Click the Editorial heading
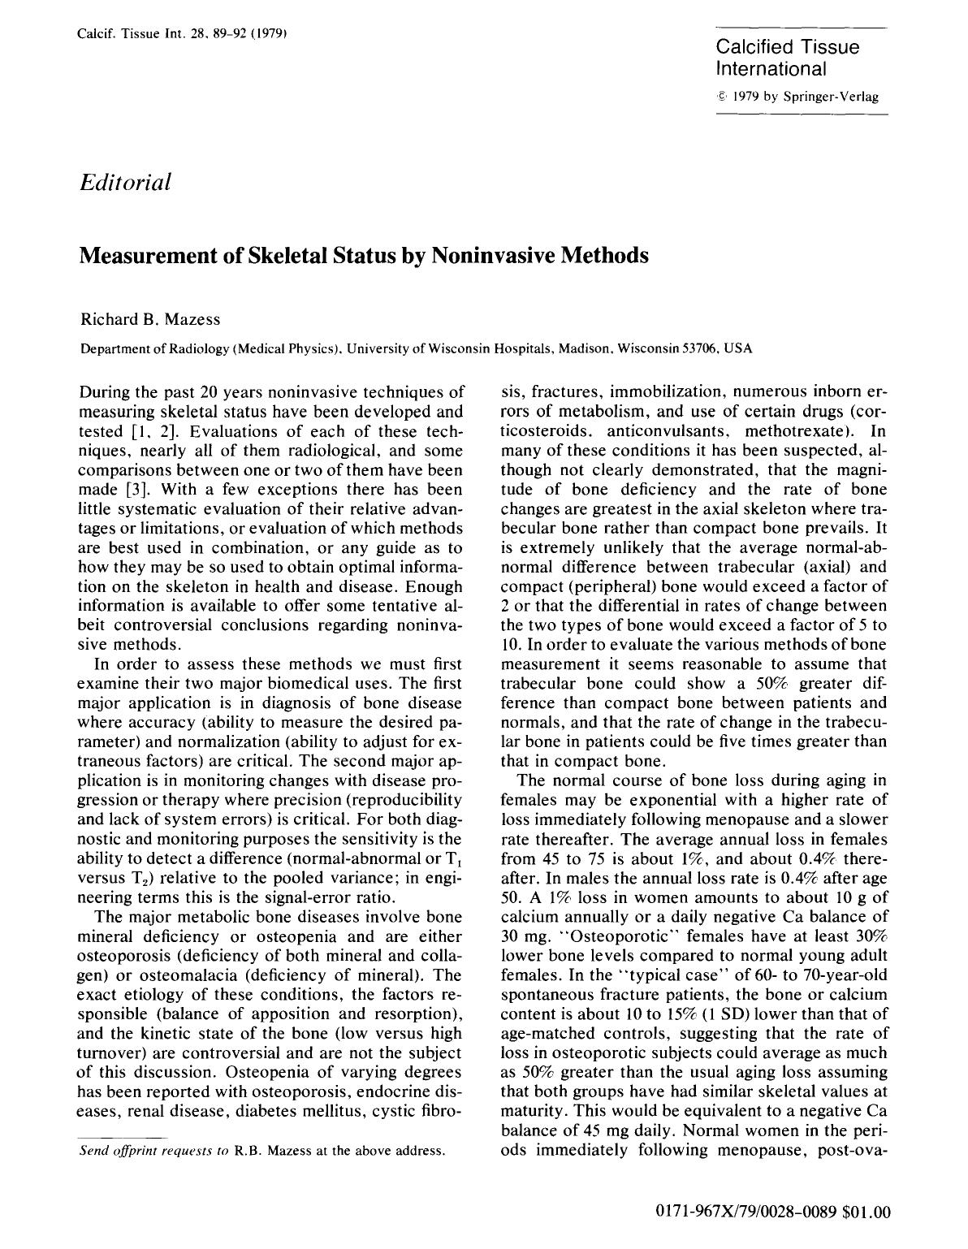tap(125, 181)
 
